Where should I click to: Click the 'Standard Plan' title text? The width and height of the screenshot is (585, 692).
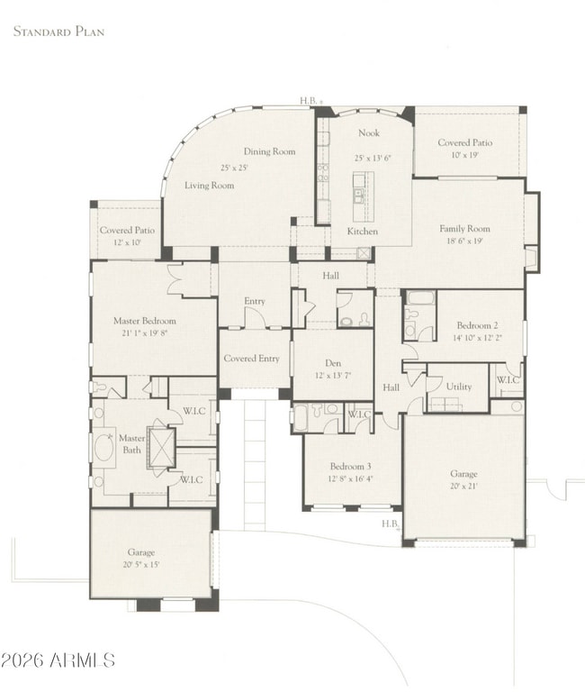coord(58,32)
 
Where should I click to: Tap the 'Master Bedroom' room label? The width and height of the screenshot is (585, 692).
coord(144,321)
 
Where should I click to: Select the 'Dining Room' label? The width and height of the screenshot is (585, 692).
coord(270,152)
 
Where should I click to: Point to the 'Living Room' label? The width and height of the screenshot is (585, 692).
coord(209,186)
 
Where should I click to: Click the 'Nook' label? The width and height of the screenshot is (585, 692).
coord(369,133)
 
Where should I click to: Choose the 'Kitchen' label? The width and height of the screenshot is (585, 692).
coord(363,232)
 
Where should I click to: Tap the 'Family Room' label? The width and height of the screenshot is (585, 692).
coord(464,229)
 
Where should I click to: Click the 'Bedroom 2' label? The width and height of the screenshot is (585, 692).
coord(479,325)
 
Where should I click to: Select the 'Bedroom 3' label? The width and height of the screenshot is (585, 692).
coord(350,466)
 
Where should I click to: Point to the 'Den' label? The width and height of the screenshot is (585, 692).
coord(333,363)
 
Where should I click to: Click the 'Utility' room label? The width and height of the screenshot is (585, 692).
coord(458,387)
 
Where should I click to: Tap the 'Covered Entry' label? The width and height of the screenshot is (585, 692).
coord(251,359)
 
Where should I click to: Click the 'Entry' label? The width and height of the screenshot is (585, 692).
coord(255,302)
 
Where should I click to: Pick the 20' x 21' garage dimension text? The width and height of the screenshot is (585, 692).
coord(463,487)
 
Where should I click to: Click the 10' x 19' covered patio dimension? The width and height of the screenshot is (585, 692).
coord(464,155)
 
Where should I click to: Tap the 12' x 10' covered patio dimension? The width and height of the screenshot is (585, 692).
coord(126,243)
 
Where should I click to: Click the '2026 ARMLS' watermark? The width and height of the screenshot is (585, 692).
coord(58,660)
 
